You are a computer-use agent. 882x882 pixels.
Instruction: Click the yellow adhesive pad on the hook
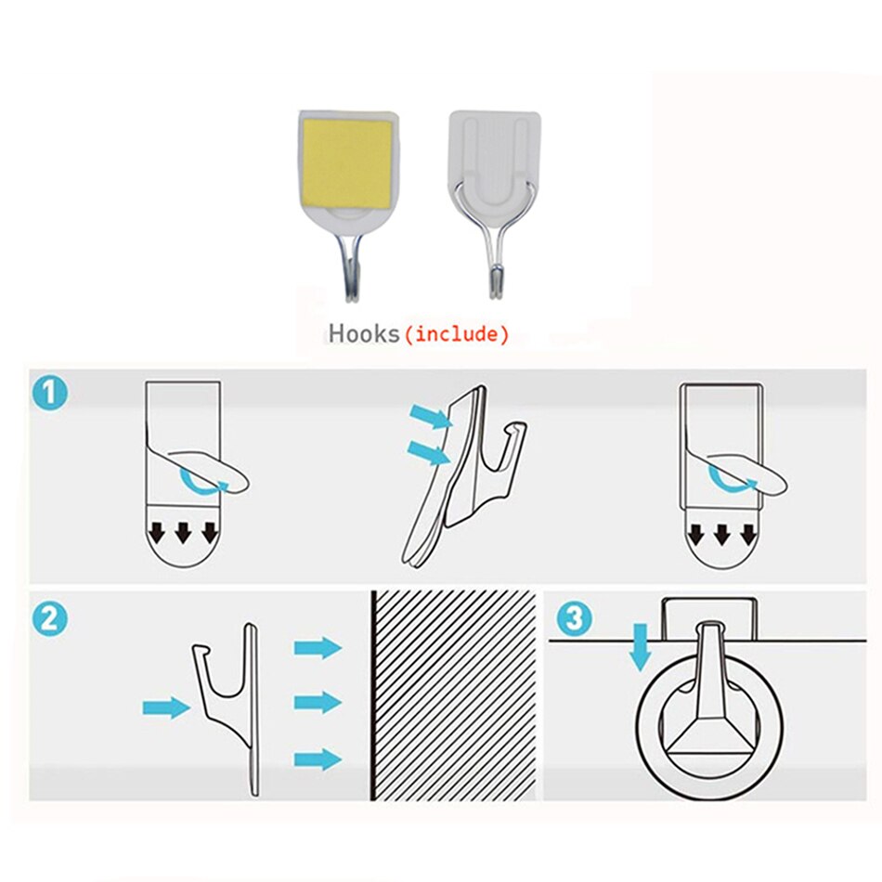coord(347,164)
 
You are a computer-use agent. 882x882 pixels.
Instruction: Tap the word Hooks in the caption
coord(364,333)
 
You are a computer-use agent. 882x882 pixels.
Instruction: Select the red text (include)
coord(457,334)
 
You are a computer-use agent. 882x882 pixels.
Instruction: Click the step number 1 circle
coord(50,392)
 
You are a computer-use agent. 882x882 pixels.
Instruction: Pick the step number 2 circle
coord(50,618)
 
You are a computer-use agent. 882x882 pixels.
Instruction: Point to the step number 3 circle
coord(575,618)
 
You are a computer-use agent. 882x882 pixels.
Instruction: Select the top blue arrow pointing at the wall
coord(318,647)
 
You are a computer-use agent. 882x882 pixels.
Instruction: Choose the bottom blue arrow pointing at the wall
coord(318,760)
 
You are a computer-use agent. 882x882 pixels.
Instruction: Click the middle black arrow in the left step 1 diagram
coord(183,533)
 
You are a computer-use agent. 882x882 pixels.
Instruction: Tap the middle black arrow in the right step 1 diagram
coord(721,535)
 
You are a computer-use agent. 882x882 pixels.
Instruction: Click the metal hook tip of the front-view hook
coord(496,282)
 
